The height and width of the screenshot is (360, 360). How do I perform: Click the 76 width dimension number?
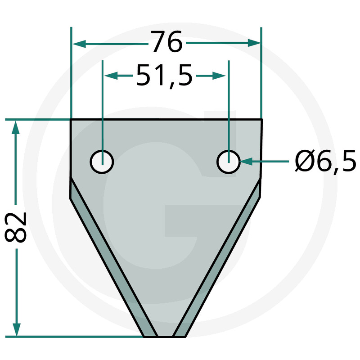click(x=166, y=41)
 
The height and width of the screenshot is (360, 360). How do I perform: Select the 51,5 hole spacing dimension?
click(x=164, y=76)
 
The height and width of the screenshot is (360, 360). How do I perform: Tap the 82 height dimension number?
click(x=16, y=227)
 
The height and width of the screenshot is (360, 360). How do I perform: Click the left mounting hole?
click(x=102, y=162)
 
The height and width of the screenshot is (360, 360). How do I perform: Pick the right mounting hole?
click(x=228, y=162)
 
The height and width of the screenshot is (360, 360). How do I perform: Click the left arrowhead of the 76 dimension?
click(x=79, y=44)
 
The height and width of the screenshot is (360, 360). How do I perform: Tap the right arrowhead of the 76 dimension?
click(x=254, y=43)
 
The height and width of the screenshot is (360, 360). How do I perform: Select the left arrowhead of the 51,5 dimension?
click(x=111, y=76)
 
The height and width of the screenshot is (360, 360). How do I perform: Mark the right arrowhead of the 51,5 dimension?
click(x=219, y=76)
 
